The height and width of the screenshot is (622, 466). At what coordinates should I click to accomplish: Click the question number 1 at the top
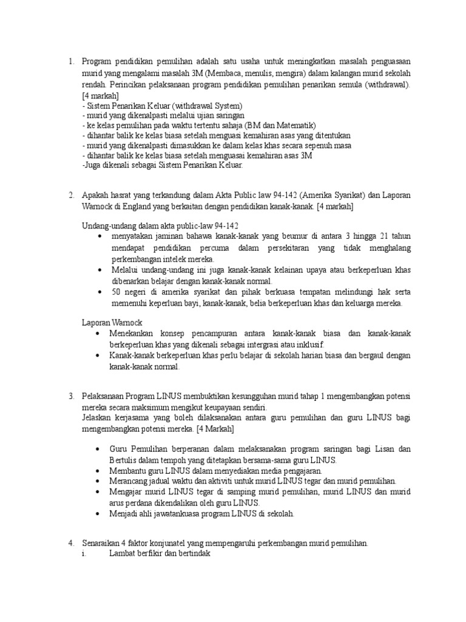click(70, 61)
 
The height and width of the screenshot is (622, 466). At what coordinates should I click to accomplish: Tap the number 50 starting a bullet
click(115, 292)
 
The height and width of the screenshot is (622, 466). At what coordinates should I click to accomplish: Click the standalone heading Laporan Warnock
click(112, 323)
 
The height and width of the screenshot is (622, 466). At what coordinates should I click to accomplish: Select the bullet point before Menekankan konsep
click(98, 334)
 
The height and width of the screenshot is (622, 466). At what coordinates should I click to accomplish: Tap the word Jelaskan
click(96, 419)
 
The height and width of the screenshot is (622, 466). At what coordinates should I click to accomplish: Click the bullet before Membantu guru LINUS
click(98, 471)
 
